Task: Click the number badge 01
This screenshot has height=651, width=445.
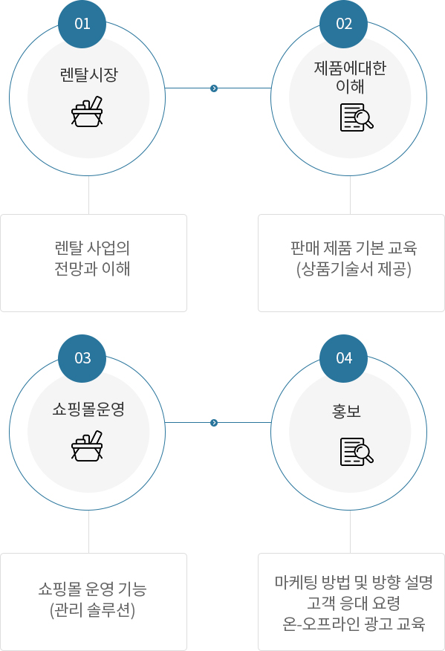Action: [x=82, y=24]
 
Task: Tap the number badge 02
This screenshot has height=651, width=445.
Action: [x=344, y=24]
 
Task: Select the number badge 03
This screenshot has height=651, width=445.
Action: [x=82, y=358]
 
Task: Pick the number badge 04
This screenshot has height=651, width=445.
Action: [x=344, y=358]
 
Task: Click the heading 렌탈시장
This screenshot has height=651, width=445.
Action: [x=89, y=75]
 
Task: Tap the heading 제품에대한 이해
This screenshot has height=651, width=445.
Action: [x=350, y=77]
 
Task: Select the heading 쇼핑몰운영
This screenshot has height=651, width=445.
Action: [x=88, y=409]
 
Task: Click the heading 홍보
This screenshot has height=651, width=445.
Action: [x=346, y=411]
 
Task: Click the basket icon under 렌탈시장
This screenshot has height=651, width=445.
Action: [x=87, y=111]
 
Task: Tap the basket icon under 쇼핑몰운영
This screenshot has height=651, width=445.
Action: [x=87, y=446]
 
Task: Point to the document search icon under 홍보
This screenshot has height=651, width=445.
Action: [x=357, y=452]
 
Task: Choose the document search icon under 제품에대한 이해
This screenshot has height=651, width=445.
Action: [x=357, y=117]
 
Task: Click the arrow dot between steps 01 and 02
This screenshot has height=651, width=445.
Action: [x=214, y=88]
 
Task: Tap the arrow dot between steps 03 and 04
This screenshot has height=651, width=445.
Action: [x=214, y=423]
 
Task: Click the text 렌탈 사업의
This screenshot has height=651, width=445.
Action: [x=92, y=248]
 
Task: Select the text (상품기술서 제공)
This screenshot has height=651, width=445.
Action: [x=354, y=269]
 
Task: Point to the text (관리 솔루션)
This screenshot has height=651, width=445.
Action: [x=93, y=610]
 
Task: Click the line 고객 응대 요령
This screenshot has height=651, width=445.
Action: [x=354, y=603]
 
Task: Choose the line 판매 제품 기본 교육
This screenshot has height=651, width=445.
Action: [x=354, y=248]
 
